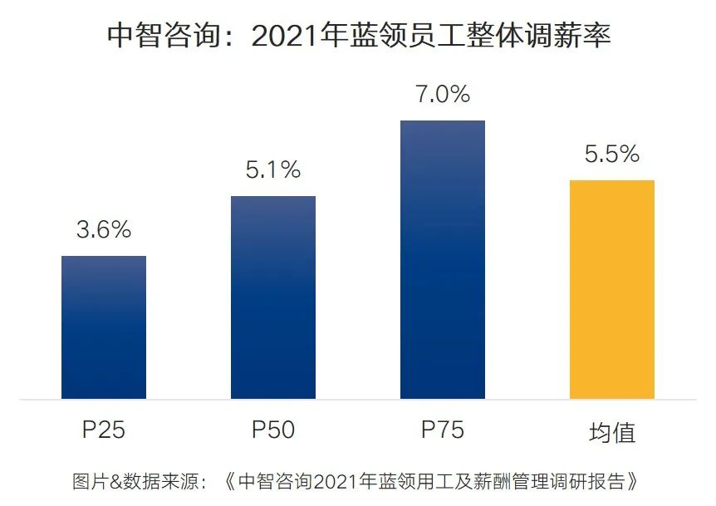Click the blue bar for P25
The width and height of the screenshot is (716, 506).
[x=104, y=327]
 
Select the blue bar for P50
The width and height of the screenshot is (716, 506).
[x=273, y=297]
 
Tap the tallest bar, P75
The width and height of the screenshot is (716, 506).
[x=442, y=259]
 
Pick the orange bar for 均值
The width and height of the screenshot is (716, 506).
[x=612, y=289]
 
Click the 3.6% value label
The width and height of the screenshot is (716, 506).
[x=104, y=230]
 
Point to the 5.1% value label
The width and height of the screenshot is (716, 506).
[x=273, y=170]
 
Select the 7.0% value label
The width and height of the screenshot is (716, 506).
[x=442, y=95]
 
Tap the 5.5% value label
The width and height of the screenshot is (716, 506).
[x=612, y=154]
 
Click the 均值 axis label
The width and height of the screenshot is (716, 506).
[x=612, y=432]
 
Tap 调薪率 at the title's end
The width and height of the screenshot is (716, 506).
[x=564, y=36]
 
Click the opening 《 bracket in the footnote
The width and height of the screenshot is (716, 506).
[x=230, y=481]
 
